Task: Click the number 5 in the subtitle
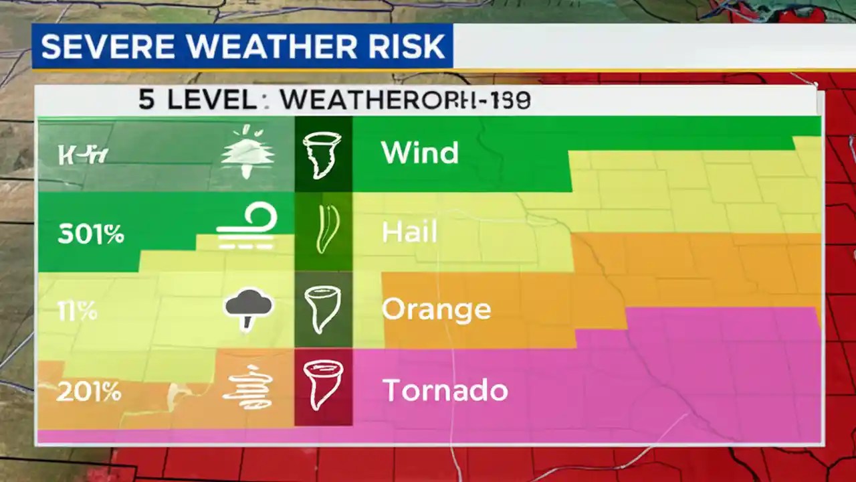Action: coord(146,100)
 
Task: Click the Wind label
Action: coord(419,153)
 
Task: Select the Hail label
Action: coord(409,232)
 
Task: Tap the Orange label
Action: coord(436,309)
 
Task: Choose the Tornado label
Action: coord(445,390)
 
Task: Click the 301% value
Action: coord(90,234)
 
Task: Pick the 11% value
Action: coord(77,311)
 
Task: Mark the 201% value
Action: coord(89,392)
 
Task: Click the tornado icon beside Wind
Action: coord(322,154)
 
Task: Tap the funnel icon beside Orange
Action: coord(322,309)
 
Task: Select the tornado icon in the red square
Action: coord(322,385)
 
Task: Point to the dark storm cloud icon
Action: coord(249,309)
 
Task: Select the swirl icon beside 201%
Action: coord(251,388)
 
